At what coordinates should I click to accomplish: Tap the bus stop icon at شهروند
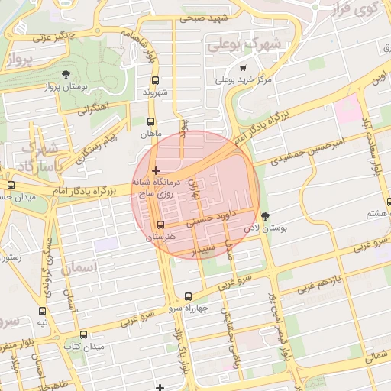pyautogui.click(x=156, y=80)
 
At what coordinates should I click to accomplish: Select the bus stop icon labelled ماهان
pyautogui.click(x=150, y=121)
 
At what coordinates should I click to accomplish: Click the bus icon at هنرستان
pyautogui.click(x=160, y=225)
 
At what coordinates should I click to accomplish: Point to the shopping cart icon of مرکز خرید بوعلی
pyautogui.click(x=243, y=67)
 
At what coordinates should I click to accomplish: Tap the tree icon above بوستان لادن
pyautogui.click(x=266, y=216)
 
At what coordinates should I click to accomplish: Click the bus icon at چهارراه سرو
pyautogui.click(x=189, y=296)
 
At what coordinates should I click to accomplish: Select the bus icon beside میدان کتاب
pyautogui.click(x=84, y=334)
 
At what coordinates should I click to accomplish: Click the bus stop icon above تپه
pyautogui.click(x=42, y=311)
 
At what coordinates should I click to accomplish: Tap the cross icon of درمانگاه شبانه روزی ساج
pyautogui.click(x=157, y=170)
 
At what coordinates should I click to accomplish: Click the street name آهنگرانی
pyautogui.click(x=92, y=108)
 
